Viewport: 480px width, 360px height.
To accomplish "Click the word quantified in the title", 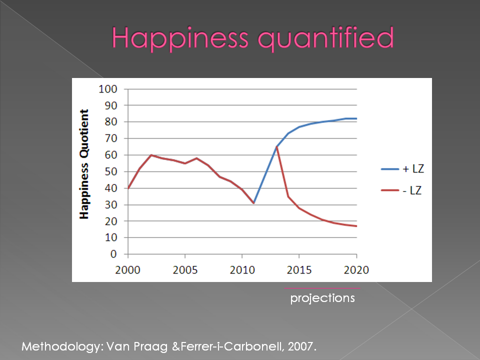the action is click(x=326, y=38).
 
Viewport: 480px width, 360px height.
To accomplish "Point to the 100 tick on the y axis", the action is click(x=108, y=89).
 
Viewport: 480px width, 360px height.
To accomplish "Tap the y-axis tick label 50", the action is click(x=111, y=171).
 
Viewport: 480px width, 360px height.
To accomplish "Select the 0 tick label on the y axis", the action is click(x=113, y=254).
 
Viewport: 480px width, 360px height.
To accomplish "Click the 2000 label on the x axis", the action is click(x=127, y=270).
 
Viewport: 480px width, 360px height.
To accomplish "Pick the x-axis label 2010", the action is click(x=242, y=270).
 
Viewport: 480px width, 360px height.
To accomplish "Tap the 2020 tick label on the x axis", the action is click(x=356, y=270).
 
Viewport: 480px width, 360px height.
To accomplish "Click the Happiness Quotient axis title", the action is click(x=84, y=164).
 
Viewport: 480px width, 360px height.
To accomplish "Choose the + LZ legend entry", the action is click(x=402, y=169).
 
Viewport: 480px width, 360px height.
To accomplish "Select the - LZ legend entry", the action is click(x=401, y=190).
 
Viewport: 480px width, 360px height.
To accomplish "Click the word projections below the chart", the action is click(x=322, y=298).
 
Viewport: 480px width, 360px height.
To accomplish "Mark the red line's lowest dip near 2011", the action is click(x=254, y=202).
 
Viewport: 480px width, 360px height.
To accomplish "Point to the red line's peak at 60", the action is click(x=151, y=155).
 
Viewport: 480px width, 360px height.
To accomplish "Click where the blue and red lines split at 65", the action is click(x=276, y=147).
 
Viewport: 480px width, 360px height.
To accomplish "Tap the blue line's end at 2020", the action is click(x=356, y=118).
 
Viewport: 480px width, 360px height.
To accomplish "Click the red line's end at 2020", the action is click(x=356, y=226).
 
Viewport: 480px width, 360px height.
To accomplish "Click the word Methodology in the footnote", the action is click(x=61, y=347).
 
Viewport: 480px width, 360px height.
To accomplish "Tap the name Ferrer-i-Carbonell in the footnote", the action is click(x=231, y=346).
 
